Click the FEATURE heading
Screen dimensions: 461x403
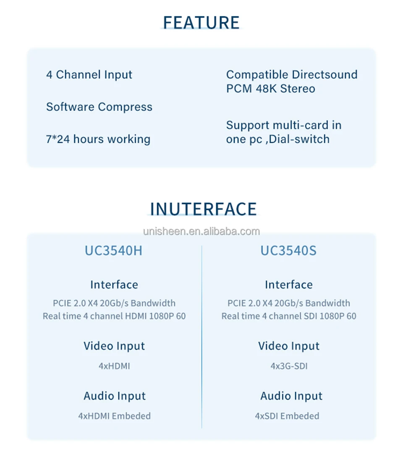201,22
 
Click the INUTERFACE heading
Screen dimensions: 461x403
203,209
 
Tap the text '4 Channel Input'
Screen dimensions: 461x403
89,75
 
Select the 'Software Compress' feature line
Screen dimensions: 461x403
99,107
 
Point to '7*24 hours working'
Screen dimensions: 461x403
98,139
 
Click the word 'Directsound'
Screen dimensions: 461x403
324,75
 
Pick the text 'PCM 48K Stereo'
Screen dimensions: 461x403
270,89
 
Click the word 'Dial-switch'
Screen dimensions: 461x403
299,139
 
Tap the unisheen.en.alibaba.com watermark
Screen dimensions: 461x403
201,231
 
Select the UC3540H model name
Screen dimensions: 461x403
114,251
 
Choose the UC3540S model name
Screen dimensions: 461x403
288,251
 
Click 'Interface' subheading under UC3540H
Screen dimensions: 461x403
114,285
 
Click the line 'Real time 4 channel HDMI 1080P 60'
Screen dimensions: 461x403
114,316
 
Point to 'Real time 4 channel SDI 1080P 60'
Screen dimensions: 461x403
289,316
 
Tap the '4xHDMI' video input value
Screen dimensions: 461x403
114,366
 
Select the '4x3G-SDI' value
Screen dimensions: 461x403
289,366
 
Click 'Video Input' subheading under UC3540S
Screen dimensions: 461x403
289,346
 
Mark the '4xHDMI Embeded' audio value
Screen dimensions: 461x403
114,416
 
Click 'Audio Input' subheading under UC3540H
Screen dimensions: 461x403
114,396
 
